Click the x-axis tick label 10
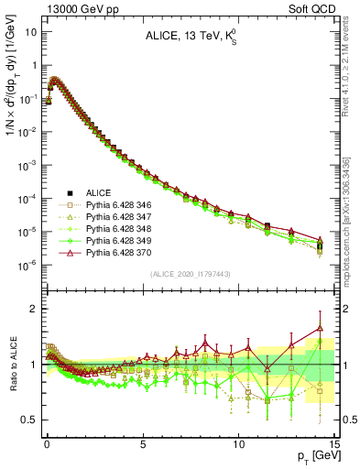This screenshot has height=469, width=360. pos(239,442)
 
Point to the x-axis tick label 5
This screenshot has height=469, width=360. pos(143,442)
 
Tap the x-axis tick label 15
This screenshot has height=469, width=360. pos(334,442)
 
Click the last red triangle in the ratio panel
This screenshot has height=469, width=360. pos(320,327)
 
